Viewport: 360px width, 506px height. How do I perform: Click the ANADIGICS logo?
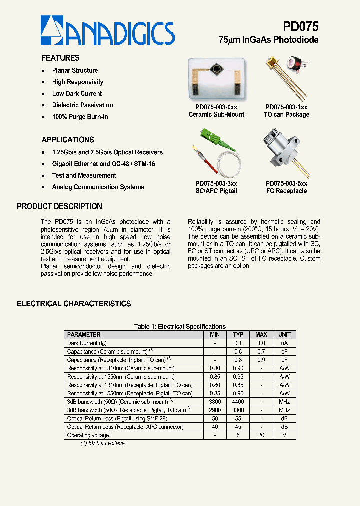point(107,31)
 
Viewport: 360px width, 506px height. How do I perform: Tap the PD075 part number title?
point(300,26)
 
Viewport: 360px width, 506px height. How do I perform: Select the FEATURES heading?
point(60,58)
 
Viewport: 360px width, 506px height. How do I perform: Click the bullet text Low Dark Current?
point(77,94)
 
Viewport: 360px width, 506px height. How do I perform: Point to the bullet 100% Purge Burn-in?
point(80,117)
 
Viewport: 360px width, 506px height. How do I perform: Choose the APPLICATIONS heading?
point(67,140)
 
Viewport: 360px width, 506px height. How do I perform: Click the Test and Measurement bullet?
point(84,176)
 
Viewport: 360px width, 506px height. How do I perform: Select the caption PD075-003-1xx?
point(286,107)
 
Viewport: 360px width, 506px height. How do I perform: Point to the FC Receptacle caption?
point(286,191)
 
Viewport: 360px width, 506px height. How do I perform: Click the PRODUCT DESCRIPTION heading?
point(59,206)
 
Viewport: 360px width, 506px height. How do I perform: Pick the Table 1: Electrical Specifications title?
point(180,327)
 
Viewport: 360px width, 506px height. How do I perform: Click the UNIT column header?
point(284,335)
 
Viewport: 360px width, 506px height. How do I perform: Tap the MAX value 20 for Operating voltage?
point(261,435)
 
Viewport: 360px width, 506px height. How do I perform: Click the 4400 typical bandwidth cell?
point(238,402)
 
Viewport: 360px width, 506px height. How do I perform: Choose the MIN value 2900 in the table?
point(215,410)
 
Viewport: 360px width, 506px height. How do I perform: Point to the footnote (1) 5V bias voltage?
point(102,443)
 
